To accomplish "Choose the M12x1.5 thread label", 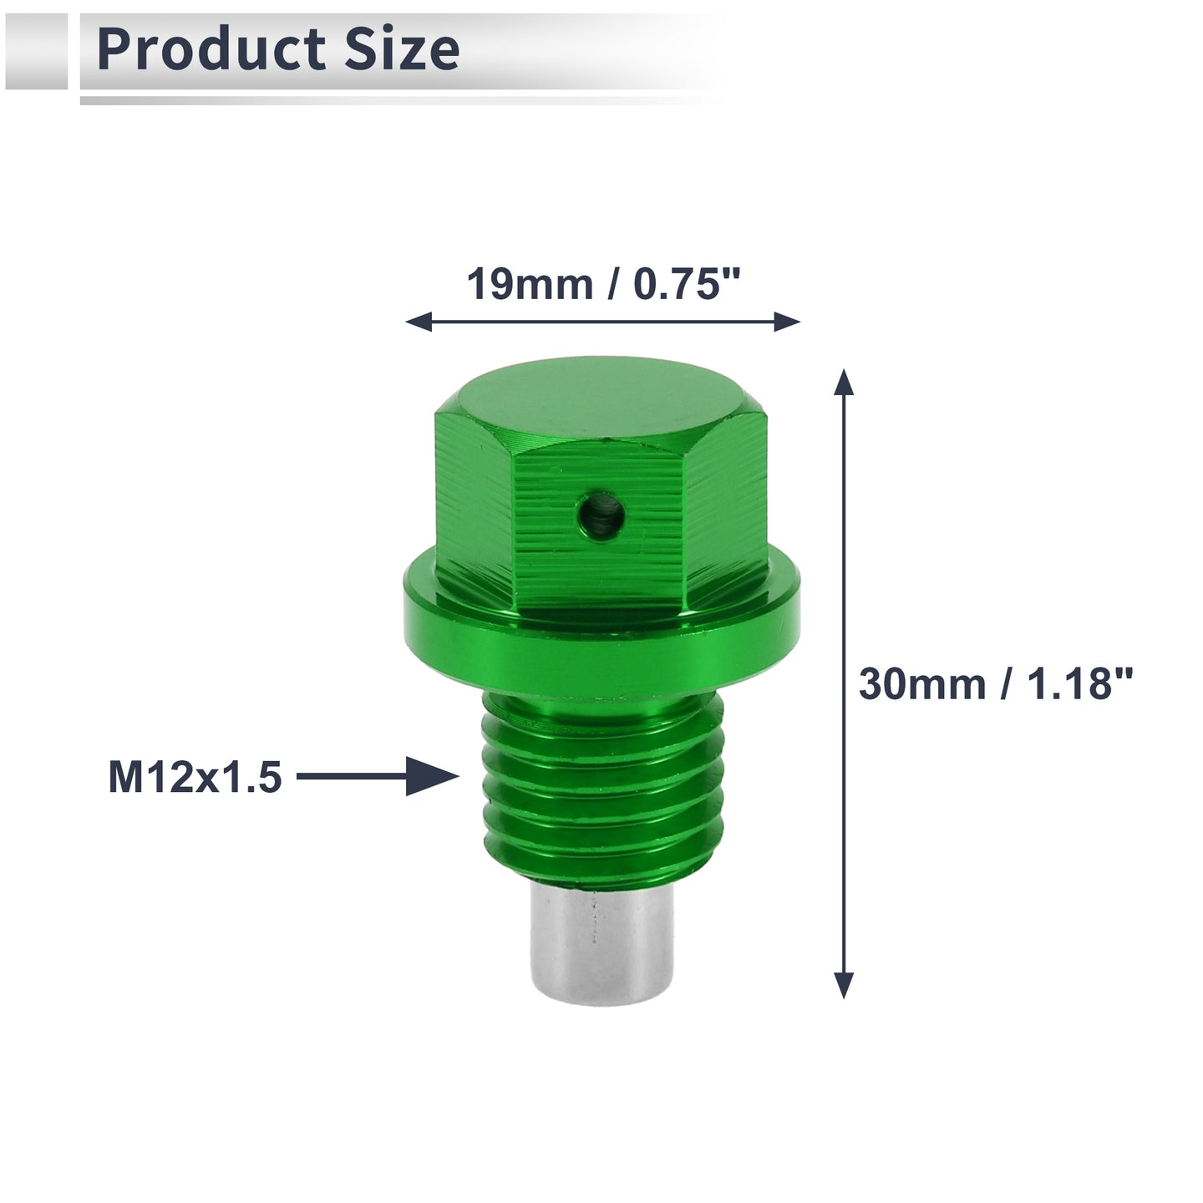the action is click(x=195, y=777).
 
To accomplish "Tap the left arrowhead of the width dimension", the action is click(x=419, y=322).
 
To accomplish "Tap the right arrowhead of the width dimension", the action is click(x=787, y=322).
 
